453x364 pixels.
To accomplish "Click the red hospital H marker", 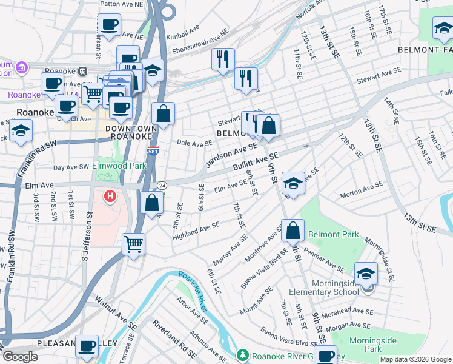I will [110, 197].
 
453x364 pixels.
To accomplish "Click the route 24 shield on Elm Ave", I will [162, 185].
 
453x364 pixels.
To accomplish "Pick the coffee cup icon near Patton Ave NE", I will [109, 25].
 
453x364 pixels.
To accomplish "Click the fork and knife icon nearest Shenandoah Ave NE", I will [223, 59].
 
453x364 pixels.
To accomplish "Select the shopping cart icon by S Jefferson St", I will [133, 244].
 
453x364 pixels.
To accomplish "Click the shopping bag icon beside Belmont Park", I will [293, 231].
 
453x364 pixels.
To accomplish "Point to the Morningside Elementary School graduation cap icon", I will [366, 274].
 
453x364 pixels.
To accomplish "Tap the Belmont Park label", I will [333, 234].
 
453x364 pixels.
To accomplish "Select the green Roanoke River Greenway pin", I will [242, 354].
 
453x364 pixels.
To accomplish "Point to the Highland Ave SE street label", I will [196, 229].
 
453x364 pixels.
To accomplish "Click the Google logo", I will [19, 357].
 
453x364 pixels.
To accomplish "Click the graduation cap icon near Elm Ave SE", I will [293, 183].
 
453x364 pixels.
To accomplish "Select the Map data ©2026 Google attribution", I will [415, 359].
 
